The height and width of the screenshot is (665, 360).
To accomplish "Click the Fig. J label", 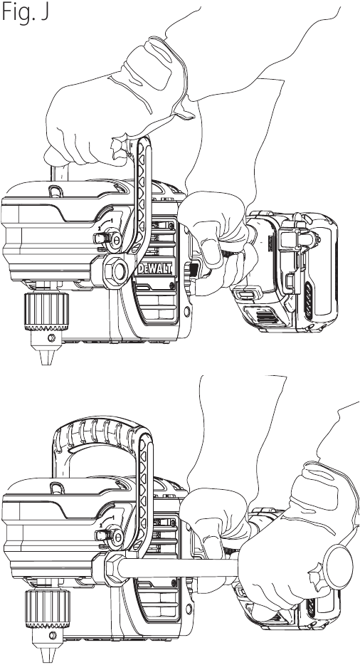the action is coord(25,12).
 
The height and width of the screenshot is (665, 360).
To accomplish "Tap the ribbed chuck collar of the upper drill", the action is coord(47,311).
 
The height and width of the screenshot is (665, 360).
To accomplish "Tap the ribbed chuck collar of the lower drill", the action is coord(47,608).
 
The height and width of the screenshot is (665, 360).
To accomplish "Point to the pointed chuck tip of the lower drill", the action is coord(47,655).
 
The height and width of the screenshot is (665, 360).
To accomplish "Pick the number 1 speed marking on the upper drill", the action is coord(112,221).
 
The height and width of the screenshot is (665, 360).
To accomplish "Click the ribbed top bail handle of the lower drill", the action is coord(102,433).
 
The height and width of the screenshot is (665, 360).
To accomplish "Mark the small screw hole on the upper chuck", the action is coord(52,338).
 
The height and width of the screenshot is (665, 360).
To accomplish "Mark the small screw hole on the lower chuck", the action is coord(52,635).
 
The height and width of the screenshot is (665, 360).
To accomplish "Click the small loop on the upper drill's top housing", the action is coord(55,191).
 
